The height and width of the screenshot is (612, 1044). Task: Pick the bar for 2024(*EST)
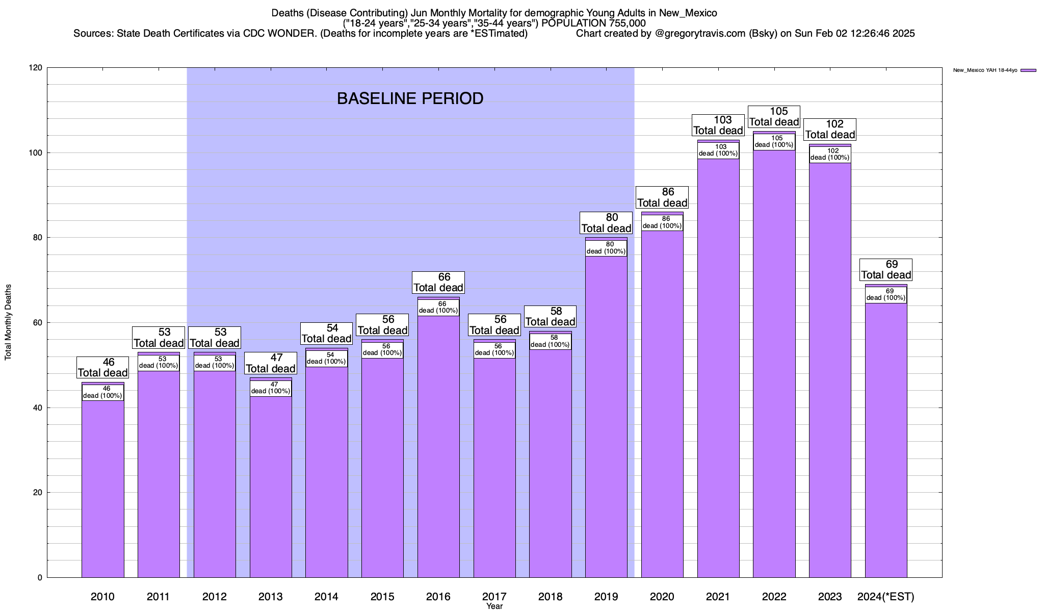coord(886,444)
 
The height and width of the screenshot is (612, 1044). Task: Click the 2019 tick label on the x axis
coord(606,596)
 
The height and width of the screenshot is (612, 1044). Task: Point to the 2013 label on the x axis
coord(270,596)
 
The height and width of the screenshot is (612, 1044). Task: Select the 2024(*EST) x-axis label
coord(886,596)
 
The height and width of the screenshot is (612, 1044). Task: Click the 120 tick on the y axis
coord(35,68)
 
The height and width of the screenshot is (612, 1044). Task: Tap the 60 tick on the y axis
coord(38,323)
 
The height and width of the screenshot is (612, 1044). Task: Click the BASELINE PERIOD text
coord(410,98)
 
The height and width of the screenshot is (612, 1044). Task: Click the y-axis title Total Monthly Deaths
coord(8,322)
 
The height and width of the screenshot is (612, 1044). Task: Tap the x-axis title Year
coord(494,606)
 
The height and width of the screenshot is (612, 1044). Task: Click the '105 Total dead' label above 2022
coord(774,117)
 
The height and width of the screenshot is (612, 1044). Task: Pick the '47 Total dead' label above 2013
coord(270,364)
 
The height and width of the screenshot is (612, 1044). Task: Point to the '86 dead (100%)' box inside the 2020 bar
coord(662,222)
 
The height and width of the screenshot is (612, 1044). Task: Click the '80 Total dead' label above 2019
coord(606,223)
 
